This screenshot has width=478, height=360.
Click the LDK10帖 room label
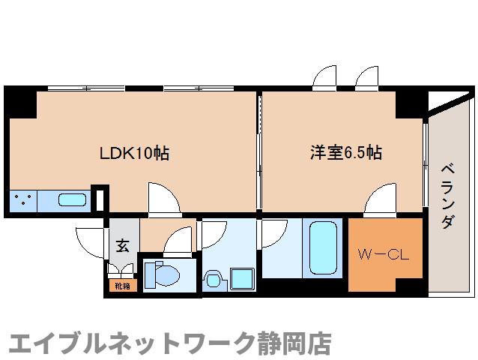(135, 154)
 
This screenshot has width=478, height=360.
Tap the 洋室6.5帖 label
(347, 153)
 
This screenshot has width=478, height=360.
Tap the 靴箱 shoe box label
(121, 286)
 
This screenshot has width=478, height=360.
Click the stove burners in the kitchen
(22, 201)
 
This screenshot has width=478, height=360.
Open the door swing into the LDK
(163, 198)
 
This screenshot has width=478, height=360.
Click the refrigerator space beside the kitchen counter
(100, 199)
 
